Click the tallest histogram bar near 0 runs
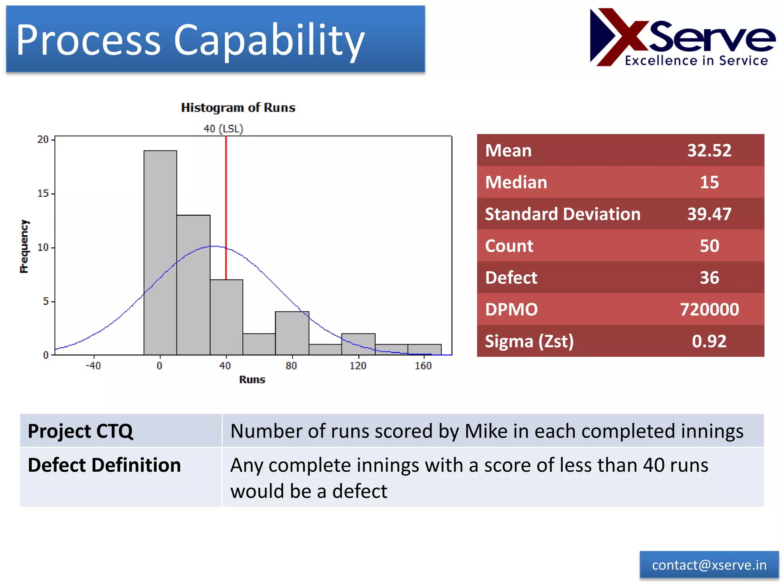[x=160, y=253]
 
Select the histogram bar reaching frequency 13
[x=193, y=285]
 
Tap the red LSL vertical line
[x=226, y=207]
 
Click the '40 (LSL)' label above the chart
[x=223, y=129]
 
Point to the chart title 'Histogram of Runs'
[x=238, y=108]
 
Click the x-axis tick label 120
[x=358, y=366]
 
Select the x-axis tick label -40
[x=93, y=366]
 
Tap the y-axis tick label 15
[x=43, y=193]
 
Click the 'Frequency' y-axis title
[x=24, y=246]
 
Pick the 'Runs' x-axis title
[x=252, y=379]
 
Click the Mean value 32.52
[x=709, y=150]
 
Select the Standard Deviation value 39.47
[x=709, y=214]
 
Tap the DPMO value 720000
[x=709, y=309]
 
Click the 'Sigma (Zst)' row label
[x=529, y=341]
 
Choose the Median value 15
[x=709, y=182]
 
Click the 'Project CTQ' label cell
[x=80, y=431]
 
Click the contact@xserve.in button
[x=709, y=565]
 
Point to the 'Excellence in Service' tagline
[x=696, y=60]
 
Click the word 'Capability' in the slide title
[x=269, y=40]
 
